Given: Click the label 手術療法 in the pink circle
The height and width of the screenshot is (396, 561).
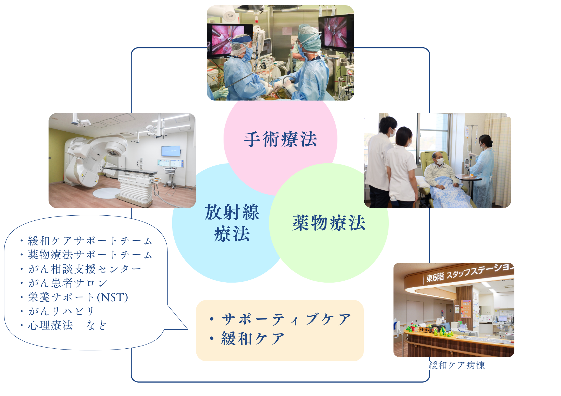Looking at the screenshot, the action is coord(280,139).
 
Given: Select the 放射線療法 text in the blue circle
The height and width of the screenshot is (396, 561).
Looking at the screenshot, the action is coord(232,223).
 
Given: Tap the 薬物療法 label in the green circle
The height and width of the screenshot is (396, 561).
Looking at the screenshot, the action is coord(329,223).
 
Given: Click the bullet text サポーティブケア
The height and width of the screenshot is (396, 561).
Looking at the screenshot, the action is coord(286,319).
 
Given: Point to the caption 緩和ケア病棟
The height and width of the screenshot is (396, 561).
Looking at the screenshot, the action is coord(457,365).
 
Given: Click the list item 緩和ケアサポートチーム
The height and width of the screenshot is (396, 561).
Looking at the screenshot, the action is coord(90,241).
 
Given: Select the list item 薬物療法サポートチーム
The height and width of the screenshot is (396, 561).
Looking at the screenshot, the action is coord(90,255).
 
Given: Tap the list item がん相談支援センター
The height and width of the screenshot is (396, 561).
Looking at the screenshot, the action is coord(84,269).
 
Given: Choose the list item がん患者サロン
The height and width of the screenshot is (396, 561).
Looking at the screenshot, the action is coord(67,283).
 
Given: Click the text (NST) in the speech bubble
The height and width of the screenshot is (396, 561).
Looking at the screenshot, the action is coord(112,297).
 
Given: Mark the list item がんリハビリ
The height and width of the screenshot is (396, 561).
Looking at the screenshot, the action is coord(61,311).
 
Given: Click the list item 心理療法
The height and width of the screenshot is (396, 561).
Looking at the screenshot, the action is coord(50,325).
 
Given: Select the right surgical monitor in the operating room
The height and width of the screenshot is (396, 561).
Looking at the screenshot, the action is coord(336,32).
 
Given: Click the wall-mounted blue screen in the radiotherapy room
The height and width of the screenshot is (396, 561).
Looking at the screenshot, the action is coord(171,151).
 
